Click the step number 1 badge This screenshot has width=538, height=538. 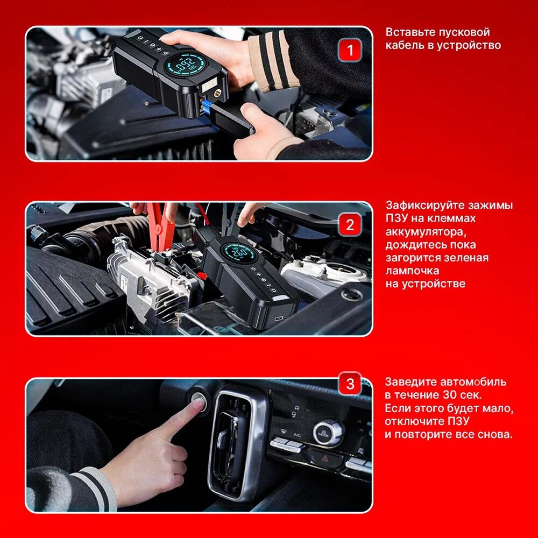pyautogui.click(x=350, y=50)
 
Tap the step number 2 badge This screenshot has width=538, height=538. pyautogui.click(x=350, y=225)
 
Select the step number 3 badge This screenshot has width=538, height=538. pyautogui.click(x=350, y=383)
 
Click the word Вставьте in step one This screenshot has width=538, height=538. pyautogui.click(x=408, y=32)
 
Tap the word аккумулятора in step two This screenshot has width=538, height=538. pyautogui.click(x=426, y=232)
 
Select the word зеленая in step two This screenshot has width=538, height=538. pyautogui.click(x=466, y=258)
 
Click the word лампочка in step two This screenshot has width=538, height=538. pyautogui.click(x=412, y=271)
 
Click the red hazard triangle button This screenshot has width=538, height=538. pyautogui.click(x=324, y=457)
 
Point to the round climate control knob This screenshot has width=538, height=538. pyautogui.click(x=328, y=432)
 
